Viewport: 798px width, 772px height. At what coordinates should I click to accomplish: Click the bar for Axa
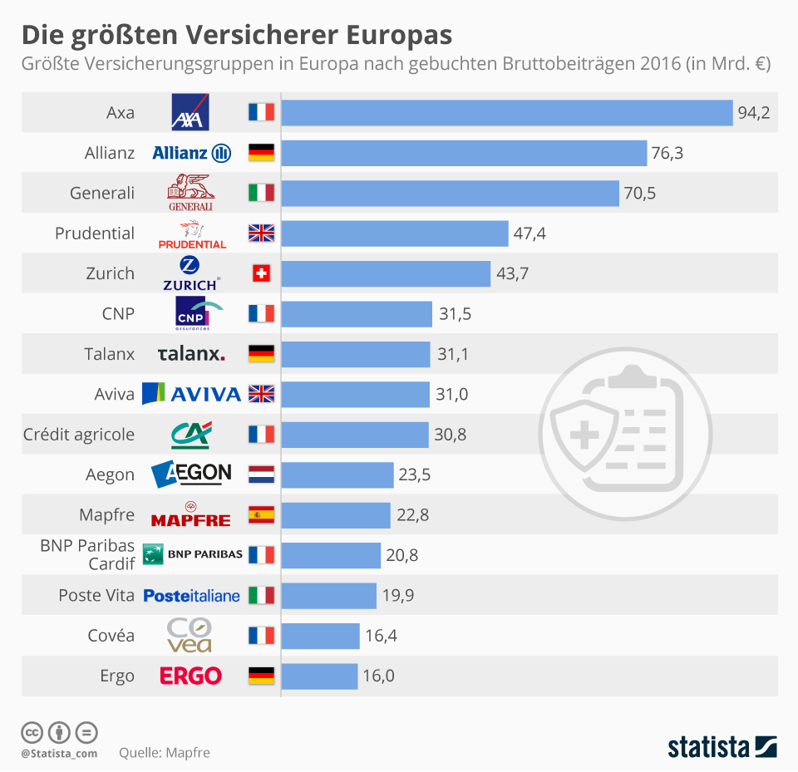click(507, 112)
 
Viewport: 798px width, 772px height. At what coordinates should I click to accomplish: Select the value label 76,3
click(667, 153)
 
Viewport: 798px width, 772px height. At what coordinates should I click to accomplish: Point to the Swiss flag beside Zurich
click(261, 273)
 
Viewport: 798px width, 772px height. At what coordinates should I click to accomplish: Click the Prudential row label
click(95, 234)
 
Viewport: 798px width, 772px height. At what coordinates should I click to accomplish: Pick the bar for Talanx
click(357, 354)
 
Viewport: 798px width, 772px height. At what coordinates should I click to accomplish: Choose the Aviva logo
click(192, 394)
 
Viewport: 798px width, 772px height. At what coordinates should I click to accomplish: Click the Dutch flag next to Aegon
click(261, 475)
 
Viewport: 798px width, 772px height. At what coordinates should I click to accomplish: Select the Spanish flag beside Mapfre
click(261, 515)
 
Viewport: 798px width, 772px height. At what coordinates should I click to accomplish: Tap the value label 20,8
click(401, 555)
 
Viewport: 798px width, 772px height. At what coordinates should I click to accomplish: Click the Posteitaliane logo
click(192, 596)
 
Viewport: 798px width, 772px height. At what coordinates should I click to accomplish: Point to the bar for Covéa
click(321, 636)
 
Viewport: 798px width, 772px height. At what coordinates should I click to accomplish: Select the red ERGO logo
click(191, 676)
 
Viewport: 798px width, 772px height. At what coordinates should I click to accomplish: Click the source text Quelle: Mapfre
click(165, 753)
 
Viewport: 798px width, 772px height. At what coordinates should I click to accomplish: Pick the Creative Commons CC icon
click(32, 732)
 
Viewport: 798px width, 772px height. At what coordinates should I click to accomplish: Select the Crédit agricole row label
click(79, 435)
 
